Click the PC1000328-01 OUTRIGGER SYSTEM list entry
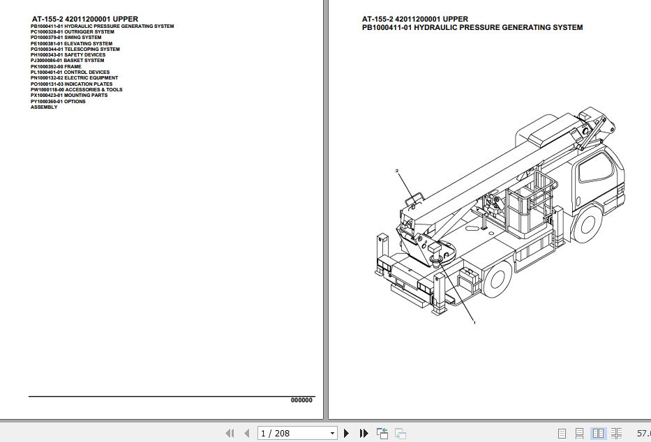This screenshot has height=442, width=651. (72, 32)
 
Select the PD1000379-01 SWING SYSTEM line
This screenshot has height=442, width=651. (66, 38)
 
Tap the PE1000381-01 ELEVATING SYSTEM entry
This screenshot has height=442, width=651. (71, 44)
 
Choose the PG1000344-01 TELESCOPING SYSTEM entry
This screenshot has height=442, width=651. (75, 49)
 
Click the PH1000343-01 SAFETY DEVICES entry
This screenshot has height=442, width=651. (68, 55)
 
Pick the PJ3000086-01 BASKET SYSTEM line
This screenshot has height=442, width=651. (67, 61)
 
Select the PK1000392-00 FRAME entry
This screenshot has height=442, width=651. (56, 67)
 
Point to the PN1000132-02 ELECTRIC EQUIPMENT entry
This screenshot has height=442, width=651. (74, 78)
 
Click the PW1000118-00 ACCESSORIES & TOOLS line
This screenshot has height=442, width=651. (76, 90)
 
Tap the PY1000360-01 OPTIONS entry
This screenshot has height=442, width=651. (58, 102)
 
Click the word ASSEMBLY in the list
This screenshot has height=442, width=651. (44, 107)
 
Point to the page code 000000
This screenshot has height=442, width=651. (301, 400)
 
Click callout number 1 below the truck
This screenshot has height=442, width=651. (474, 323)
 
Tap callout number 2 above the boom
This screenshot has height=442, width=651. (396, 170)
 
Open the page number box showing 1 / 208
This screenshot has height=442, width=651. (297, 434)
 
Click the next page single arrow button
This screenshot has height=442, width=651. (347, 434)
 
